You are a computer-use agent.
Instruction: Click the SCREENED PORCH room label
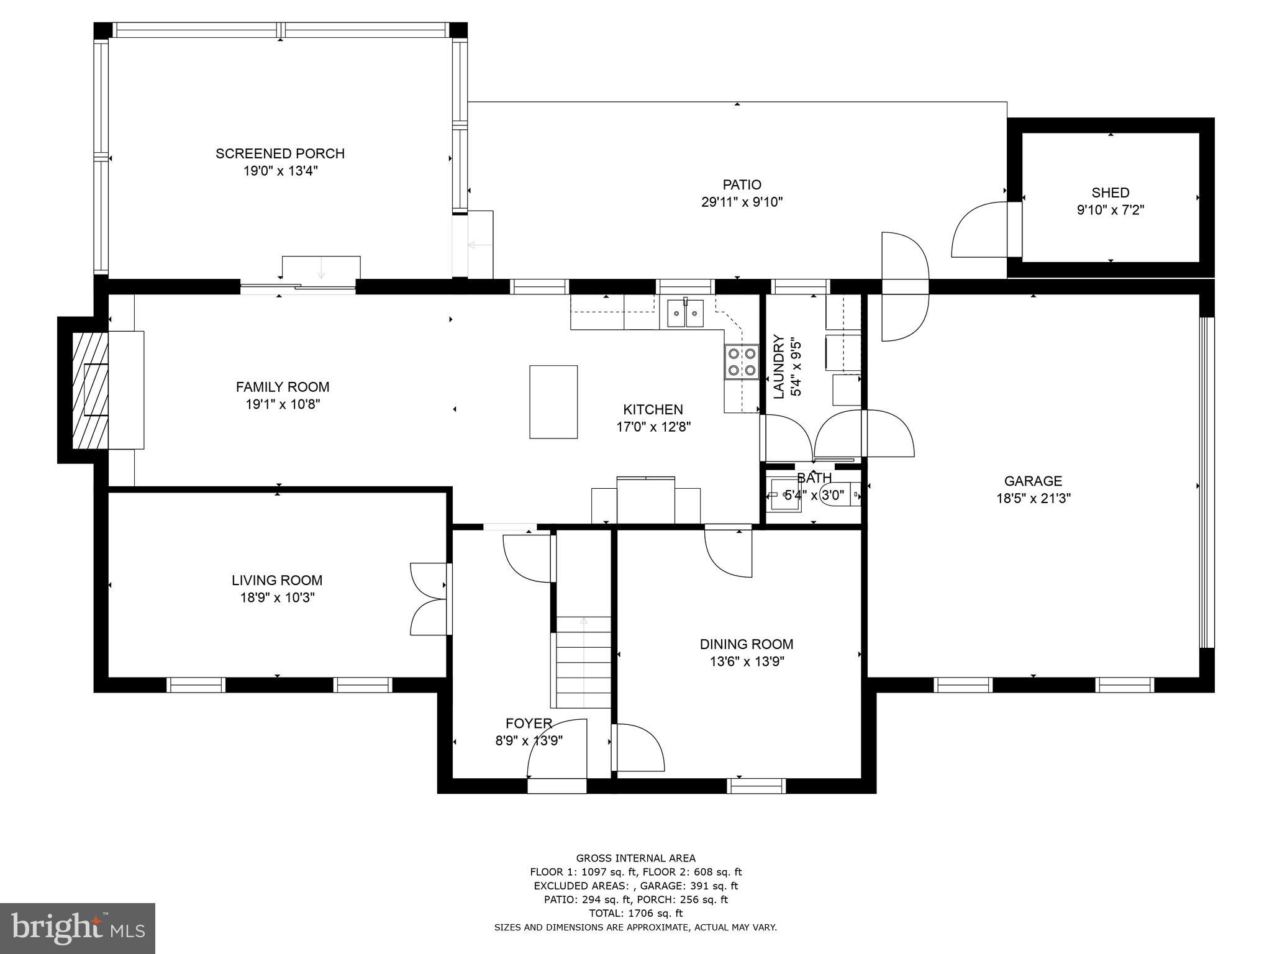[279, 153]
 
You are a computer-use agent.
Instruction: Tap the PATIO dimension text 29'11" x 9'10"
[742, 202]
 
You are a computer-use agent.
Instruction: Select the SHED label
[1110, 193]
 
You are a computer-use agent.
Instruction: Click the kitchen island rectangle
[553, 402]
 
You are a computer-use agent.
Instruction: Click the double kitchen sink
[686, 313]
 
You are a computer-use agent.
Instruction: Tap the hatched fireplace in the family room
[90, 390]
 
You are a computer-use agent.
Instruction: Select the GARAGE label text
[1033, 481]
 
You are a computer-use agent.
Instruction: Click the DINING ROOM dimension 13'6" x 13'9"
[747, 661]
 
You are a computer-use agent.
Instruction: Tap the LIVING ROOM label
[277, 580]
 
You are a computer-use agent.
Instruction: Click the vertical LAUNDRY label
[778, 366]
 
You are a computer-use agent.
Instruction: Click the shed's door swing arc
[978, 231]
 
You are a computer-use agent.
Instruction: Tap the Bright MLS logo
[78, 928]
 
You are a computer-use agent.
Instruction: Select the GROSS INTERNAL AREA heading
[635, 858]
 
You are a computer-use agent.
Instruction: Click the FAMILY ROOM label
[282, 387]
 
